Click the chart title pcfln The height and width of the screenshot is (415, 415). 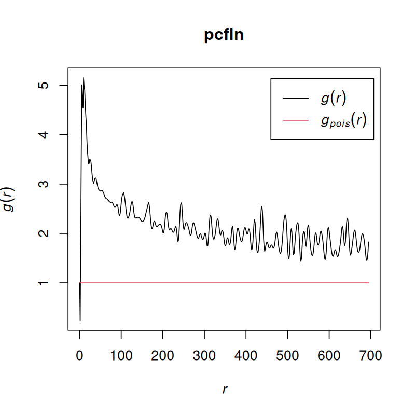pos(224,36)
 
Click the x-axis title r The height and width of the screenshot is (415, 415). pos(225,390)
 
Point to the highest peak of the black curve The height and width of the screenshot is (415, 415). pos(84,78)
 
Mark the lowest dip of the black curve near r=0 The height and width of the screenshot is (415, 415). pos(80,320)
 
